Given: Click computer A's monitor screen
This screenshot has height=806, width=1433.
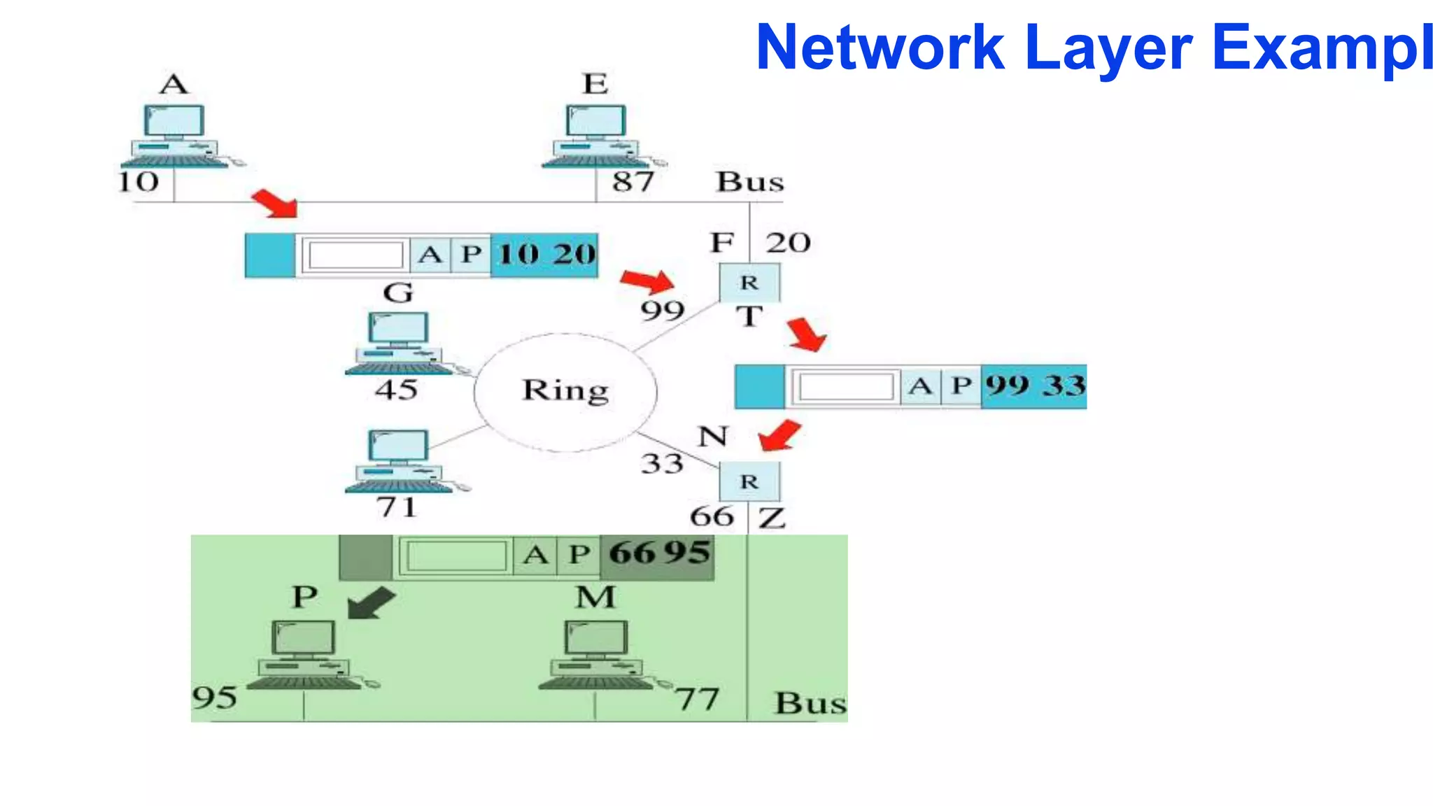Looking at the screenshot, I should tap(174, 120).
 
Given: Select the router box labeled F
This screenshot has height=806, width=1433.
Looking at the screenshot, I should tap(749, 282).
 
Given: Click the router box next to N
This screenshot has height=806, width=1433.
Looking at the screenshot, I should tap(749, 481).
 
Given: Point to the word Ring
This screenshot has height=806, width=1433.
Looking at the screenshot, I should tap(565, 390).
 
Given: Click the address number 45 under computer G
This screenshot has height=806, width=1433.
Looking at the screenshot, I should tap(396, 390).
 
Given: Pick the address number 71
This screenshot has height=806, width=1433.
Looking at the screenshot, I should tap(397, 507).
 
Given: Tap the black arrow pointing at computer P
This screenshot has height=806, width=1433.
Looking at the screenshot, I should tap(371, 602).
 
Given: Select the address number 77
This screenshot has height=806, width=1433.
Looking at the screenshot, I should tap(697, 699).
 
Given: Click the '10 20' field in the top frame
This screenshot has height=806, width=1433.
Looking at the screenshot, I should tap(546, 255).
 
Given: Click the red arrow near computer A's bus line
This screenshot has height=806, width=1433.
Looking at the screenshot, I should tap(275, 204).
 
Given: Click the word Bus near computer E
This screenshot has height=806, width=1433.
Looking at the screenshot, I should tap(749, 182).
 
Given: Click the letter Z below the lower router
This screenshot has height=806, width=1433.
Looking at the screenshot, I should tap(772, 518).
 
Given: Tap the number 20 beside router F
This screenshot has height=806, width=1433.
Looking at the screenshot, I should tap(788, 243).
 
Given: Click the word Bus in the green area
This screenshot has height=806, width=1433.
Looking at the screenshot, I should tap(810, 703).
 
